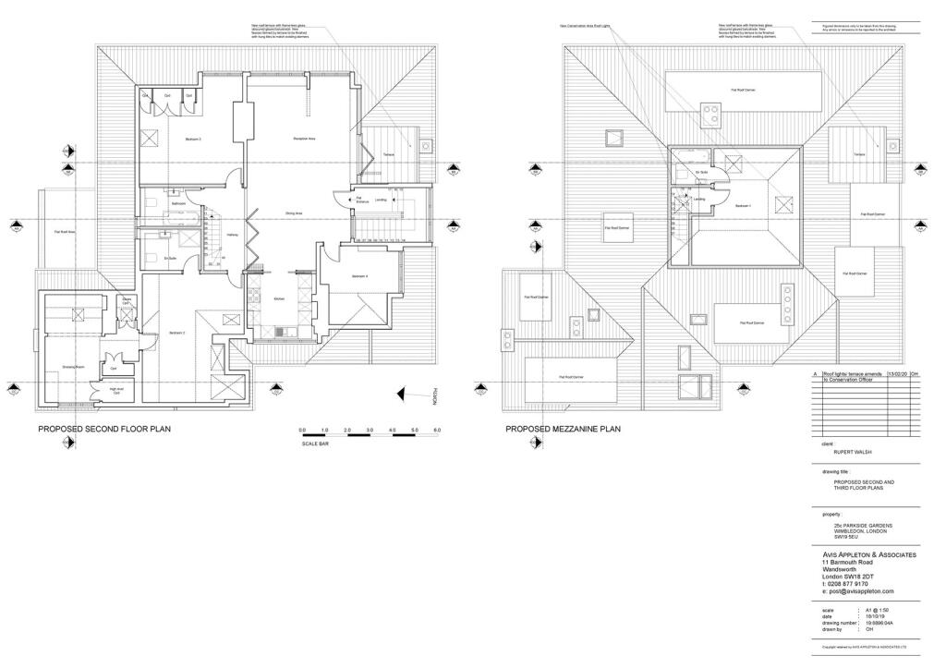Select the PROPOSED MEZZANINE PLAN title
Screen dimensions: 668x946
563,429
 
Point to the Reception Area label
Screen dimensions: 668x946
305,139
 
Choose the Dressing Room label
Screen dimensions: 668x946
74,367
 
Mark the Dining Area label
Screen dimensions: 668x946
295,213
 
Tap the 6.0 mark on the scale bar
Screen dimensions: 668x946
437,431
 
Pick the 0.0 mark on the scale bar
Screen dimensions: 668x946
303,431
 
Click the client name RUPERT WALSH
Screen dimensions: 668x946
852,453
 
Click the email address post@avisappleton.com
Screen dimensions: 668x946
863,591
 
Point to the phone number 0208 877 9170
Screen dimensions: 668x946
847,584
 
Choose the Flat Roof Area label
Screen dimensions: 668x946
64,232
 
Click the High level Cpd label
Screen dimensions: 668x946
116,390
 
